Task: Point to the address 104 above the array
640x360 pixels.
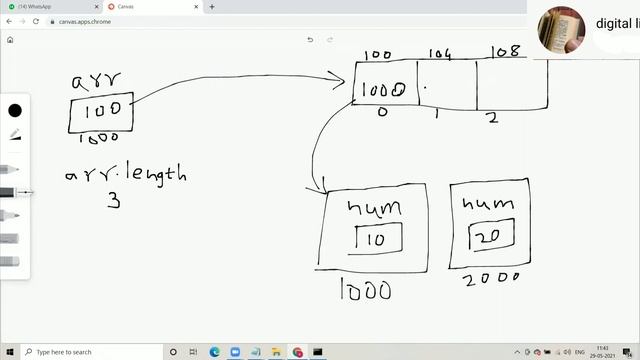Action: tap(441, 54)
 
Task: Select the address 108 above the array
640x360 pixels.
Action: tap(507, 51)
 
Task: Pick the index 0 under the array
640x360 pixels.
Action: tap(382, 112)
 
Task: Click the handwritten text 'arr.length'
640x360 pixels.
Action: tap(126, 174)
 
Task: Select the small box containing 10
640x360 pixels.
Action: tap(378, 239)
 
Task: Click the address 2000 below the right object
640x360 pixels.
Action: tap(492, 278)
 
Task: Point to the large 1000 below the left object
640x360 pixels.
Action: tap(365, 290)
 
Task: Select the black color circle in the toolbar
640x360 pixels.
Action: tap(15, 110)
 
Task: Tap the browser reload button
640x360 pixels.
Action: tap(36, 21)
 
